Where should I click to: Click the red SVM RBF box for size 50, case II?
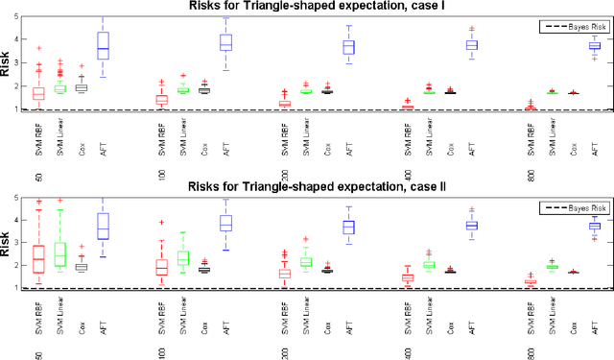(38, 259)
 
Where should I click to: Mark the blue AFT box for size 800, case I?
(595, 45)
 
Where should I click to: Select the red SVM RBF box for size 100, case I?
(162, 100)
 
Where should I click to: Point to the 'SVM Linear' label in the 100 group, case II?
(182, 323)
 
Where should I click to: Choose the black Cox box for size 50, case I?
(82, 87)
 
